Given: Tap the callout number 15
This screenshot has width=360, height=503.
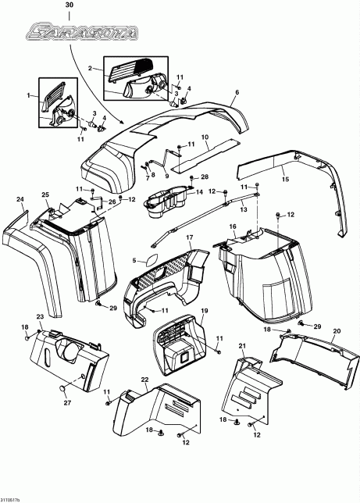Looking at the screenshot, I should click(x=286, y=179).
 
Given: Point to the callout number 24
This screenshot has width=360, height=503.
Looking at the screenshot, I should click(x=20, y=199).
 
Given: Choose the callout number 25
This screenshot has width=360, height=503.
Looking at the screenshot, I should click(x=45, y=194).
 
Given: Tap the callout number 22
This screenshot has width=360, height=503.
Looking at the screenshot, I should click(x=144, y=379).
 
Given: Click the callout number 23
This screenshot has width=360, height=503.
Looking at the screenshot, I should click(x=39, y=317).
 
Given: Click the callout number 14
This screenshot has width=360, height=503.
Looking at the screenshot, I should click(x=199, y=191).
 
